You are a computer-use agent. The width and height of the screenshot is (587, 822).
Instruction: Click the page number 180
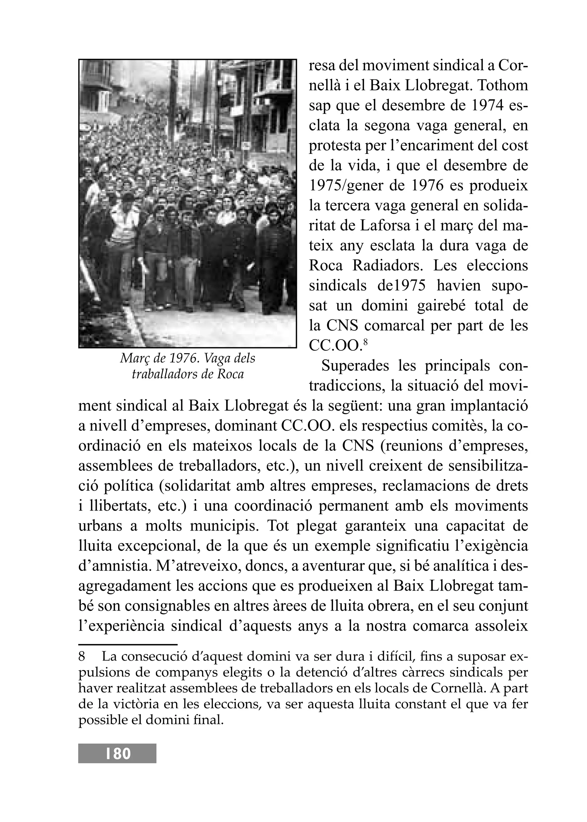point(118,754)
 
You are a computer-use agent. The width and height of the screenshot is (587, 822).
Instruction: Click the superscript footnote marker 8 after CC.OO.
point(365,341)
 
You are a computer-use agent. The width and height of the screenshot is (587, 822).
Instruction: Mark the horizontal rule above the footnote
point(128,645)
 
